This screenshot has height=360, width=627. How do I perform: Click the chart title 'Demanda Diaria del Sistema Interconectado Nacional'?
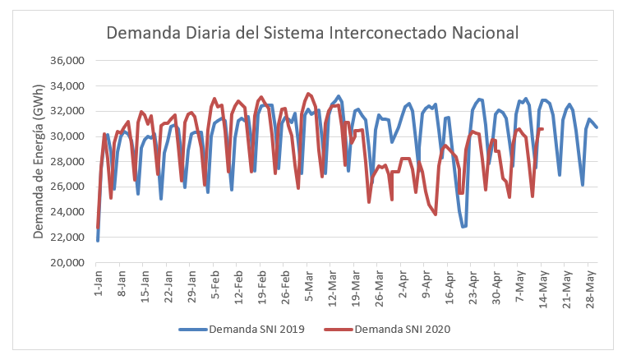click(x=312, y=34)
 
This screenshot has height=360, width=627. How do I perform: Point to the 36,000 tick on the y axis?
click(x=68, y=61)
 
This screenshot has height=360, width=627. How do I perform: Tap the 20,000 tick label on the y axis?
click(x=68, y=263)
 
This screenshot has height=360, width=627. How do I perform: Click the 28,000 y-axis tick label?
click(x=68, y=162)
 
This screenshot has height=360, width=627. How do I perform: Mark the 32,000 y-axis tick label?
click(x=68, y=112)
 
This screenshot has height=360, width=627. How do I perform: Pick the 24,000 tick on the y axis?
click(x=68, y=213)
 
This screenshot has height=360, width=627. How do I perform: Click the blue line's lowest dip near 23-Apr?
click(x=463, y=227)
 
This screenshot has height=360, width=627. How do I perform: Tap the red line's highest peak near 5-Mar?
click(x=308, y=94)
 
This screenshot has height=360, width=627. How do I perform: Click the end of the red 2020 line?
click(x=543, y=129)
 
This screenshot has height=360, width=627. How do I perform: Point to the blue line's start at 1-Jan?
click(x=98, y=240)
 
